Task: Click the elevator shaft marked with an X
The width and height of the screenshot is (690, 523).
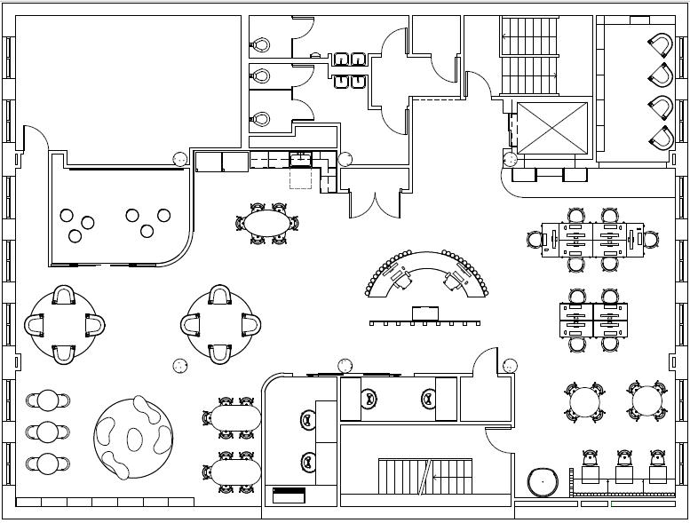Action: [551, 128]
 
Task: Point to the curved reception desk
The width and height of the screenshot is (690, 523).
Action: [427, 271]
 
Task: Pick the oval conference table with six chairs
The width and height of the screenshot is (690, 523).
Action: [267, 222]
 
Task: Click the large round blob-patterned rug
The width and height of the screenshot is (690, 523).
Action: [133, 436]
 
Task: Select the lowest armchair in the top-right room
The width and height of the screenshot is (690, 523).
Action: [661, 138]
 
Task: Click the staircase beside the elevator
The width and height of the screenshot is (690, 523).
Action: [530, 55]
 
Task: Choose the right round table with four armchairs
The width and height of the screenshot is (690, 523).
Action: [221, 324]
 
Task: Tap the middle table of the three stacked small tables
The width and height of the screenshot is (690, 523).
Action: [48, 432]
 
